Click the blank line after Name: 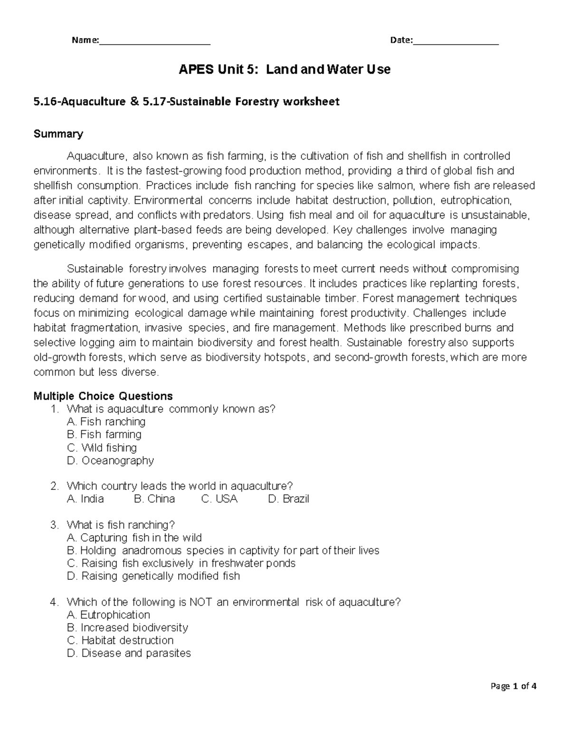click(155, 41)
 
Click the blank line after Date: click(456, 41)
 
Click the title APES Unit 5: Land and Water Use click(284, 70)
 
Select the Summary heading click(58, 134)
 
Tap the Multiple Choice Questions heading click(103, 396)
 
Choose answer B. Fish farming click(104, 434)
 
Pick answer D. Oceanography click(111, 460)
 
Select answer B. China click(154, 499)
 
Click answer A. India click(85, 499)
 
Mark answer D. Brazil click(288, 499)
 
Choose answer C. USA click(219, 499)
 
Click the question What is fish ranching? click(121, 525)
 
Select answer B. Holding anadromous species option click(223, 550)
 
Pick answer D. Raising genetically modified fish click(153, 576)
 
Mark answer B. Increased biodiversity click(128, 627)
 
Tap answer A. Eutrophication click(109, 614)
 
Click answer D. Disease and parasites click(129, 653)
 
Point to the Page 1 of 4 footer click(514, 686)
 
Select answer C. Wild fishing click(102, 448)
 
